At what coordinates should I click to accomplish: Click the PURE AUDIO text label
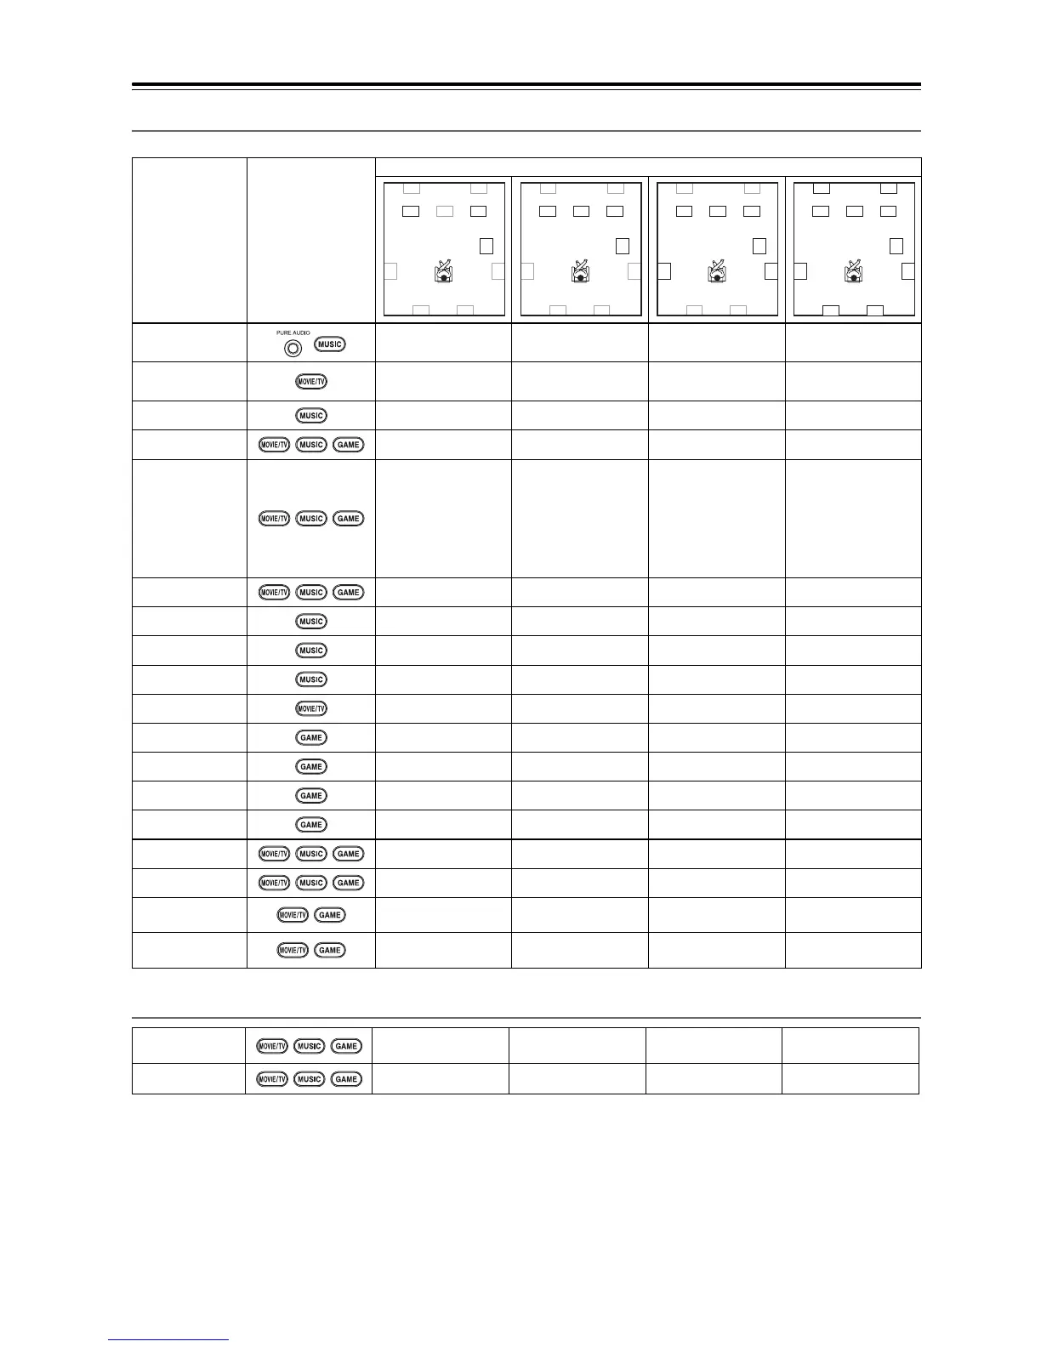click(x=293, y=333)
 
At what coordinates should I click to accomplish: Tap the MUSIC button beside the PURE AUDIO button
click(x=329, y=344)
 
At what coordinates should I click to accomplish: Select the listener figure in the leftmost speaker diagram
click(x=443, y=272)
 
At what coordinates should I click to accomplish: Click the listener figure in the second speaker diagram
click(x=580, y=272)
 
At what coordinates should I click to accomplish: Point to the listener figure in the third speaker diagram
click(x=717, y=272)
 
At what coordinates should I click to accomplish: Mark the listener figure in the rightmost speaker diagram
click(x=853, y=272)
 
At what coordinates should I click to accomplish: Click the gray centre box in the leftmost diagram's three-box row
click(x=444, y=211)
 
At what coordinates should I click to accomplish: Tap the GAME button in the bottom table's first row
click(x=345, y=1046)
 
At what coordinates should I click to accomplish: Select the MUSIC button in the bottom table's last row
click(x=309, y=1079)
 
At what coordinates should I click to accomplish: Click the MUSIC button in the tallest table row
click(x=311, y=519)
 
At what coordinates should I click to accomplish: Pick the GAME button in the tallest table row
click(x=348, y=519)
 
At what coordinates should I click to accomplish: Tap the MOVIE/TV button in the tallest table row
click(x=275, y=519)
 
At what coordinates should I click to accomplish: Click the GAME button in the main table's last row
click(x=330, y=950)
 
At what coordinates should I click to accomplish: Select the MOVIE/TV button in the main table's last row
click(x=293, y=950)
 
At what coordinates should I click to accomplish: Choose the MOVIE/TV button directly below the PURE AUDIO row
click(x=311, y=381)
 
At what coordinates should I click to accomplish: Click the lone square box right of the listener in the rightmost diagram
click(x=896, y=246)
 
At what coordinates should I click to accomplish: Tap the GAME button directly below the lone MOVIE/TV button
click(x=311, y=737)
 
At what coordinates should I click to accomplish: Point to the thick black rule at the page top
click(x=526, y=85)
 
